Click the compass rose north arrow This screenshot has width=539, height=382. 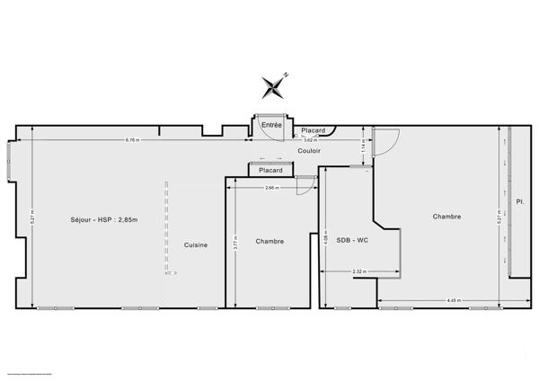coord(273,86)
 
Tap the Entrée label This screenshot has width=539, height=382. coord(271,125)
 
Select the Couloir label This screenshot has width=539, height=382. coord(310,151)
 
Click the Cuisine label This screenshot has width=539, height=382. coord(197,245)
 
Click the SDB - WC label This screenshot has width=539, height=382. coord(352,240)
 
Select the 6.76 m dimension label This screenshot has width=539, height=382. coord(132,139)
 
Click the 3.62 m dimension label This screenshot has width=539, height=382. coord(309,140)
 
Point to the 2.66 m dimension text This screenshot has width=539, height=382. coord(271,188)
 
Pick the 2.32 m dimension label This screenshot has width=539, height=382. coord(358,271)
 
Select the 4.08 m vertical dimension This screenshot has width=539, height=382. coord(327,240)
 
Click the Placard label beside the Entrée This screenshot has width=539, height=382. coord(313,130)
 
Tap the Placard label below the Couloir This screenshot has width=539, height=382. coord(269,170)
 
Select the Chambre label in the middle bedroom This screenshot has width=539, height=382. coord(269,241)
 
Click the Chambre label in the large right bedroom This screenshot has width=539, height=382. coord(446,216)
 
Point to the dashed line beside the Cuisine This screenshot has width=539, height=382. coord(167,229)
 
